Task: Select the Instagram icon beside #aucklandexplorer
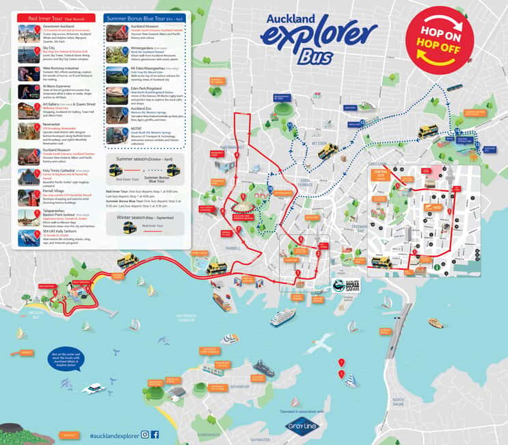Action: pyautogui.click(x=144, y=435)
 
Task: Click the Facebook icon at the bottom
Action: pyautogui.click(x=155, y=435)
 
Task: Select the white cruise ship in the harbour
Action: pyautogui.click(x=283, y=316)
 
